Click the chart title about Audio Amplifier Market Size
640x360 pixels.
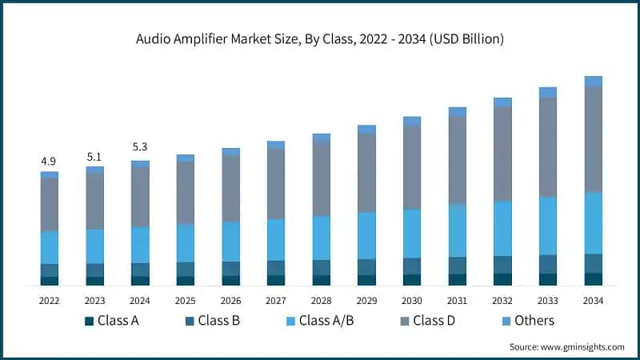pos(320,38)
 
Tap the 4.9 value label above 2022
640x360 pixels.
pos(49,162)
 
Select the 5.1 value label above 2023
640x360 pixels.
pos(94,157)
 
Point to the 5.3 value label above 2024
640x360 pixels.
pos(140,147)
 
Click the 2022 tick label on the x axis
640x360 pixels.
pos(49,300)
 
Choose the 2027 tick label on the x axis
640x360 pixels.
pos(276,300)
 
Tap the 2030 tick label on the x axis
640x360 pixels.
pos(412,300)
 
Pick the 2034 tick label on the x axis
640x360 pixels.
pos(593,300)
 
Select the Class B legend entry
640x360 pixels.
pos(212,321)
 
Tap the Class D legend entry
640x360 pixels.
pos(433,321)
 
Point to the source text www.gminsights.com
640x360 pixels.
pos(566,346)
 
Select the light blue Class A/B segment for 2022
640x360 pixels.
pos(49,247)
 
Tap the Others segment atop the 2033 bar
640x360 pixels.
pos(548,92)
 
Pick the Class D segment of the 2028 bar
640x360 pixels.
pos(322,178)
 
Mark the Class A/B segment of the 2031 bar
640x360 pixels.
pos(457,230)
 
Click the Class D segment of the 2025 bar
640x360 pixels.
pos(185,192)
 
